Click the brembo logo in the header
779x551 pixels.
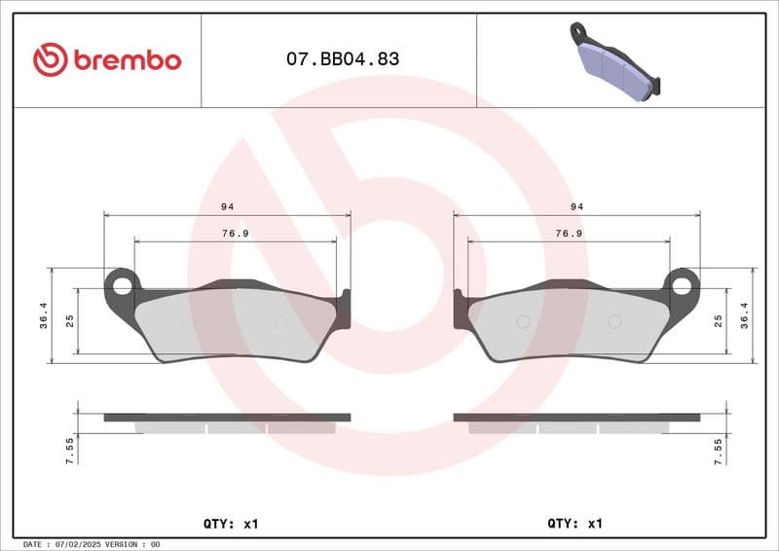pos(107,59)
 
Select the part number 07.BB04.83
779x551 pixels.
pos(343,59)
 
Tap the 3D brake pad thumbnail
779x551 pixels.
pos(617,61)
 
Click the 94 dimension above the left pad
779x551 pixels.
pos(227,206)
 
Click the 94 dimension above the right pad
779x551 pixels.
pos(577,206)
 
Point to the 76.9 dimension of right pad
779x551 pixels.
pos(569,234)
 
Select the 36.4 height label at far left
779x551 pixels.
pos(43,315)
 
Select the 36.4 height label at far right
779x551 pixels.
pos(745,315)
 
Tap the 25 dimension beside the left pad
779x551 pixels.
pos(70,320)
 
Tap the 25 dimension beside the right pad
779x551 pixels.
pos(718,320)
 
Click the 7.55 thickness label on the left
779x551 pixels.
pos(70,452)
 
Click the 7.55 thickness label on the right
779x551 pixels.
pos(718,452)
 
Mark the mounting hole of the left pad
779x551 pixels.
pos(122,285)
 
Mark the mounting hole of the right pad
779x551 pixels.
pos(682,285)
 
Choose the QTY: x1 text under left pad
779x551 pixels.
pos(231,524)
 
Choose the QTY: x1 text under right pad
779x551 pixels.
pos(575,524)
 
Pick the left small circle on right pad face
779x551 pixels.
pos(521,322)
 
